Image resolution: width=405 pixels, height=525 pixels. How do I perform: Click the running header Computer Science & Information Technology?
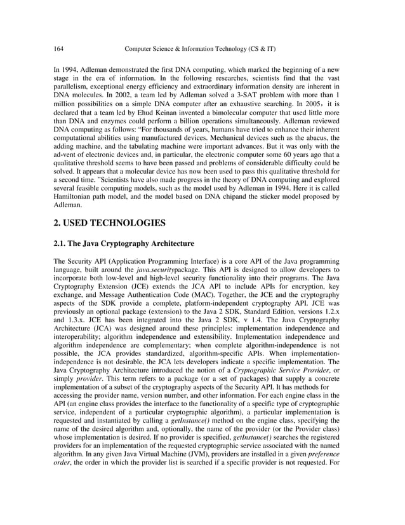tap(200, 49)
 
